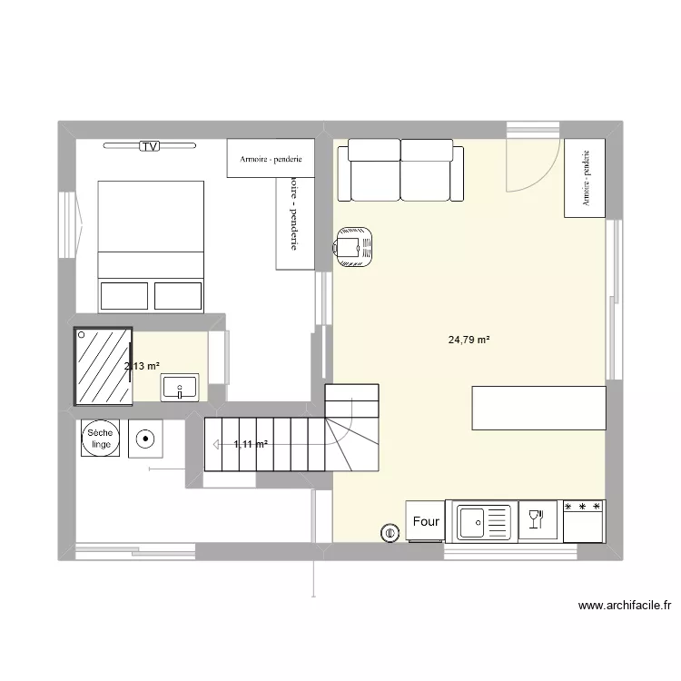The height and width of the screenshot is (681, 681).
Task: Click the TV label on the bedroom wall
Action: tap(150, 145)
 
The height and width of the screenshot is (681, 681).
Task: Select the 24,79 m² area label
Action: tap(469, 340)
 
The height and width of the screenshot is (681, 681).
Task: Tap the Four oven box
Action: tap(426, 521)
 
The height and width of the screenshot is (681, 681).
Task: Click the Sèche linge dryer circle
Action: tap(98, 439)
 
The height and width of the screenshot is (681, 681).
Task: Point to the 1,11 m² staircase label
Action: tap(251, 444)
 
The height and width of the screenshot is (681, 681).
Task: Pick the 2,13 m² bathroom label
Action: tap(143, 366)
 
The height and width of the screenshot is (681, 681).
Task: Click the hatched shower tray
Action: tap(103, 365)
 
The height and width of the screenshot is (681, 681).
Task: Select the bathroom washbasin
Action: tap(181, 388)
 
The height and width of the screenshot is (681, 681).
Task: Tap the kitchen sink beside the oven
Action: tap(483, 521)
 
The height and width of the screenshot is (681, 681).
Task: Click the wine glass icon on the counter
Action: tap(536, 519)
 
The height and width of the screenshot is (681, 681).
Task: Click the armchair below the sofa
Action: tap(353, 245)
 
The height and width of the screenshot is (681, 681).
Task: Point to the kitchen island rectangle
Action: tap(538, 407)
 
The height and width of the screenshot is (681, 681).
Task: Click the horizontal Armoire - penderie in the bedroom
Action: tap(271, 158)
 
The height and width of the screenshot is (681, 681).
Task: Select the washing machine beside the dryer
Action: tap(145, 440)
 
